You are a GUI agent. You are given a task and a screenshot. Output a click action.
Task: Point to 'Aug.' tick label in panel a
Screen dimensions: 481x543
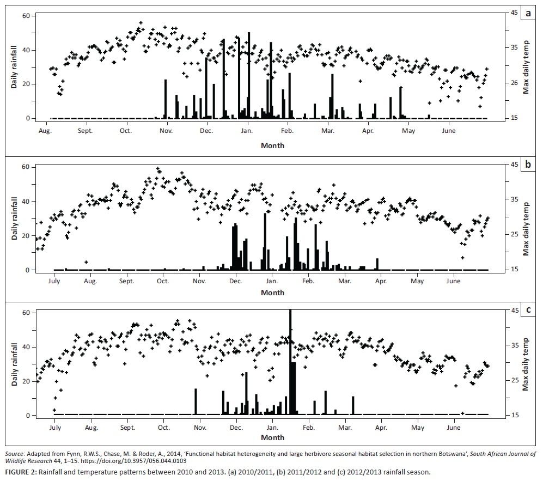tap(45, 131)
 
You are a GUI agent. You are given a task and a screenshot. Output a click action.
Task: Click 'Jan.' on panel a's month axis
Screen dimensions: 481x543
tap(247, 131)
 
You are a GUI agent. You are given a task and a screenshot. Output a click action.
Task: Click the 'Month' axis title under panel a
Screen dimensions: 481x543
tap(272, 145)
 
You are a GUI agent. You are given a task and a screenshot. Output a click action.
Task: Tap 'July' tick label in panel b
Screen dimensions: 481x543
tap(54, 281)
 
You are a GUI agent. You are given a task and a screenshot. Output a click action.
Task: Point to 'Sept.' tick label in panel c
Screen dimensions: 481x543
tap(127, 428)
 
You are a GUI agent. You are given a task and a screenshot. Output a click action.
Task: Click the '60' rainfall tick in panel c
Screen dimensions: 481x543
tap(25, 313)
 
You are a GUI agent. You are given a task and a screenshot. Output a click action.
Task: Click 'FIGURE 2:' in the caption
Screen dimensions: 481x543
tap(20, 472)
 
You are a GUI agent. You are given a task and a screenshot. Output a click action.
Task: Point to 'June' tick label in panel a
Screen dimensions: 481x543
tap(449, 131)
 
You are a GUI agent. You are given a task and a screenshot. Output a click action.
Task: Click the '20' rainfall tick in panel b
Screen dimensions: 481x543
tap(25, 235)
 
